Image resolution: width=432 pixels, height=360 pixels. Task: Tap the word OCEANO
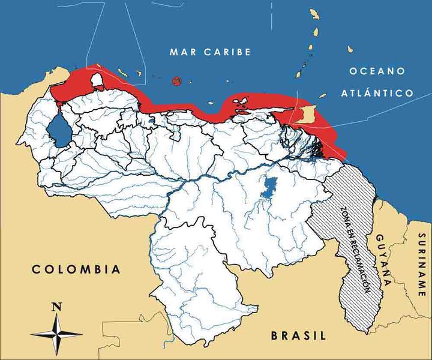coord(377,71)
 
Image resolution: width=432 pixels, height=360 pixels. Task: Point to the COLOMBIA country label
coord(76,269)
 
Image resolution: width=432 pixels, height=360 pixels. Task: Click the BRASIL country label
coord(298,335)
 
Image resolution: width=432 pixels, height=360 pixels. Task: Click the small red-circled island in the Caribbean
coord(176,81)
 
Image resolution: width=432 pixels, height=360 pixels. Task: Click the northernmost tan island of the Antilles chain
coord(313,13)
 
